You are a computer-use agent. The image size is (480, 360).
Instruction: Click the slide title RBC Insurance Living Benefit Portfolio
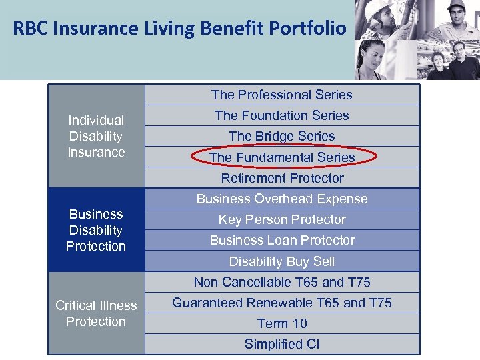[180, 29]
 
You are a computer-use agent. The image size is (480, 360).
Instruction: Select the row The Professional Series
[282, 95]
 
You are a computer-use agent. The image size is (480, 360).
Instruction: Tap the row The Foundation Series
[282, 115]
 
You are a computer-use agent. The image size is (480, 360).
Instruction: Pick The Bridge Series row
[282, 136]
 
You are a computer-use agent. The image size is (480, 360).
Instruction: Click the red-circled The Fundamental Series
[282, 157]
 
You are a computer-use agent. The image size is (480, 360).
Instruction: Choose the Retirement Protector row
[282, 178]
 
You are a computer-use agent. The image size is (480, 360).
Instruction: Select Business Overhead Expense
[282, 199]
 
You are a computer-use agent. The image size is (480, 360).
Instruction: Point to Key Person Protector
[282, 219]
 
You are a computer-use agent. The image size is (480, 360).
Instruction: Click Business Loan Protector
[282, 240]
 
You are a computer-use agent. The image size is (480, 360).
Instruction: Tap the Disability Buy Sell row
[282, 261]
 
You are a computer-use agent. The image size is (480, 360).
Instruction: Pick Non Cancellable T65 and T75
[282, 282]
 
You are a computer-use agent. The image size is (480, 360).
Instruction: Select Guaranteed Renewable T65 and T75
[282, 303]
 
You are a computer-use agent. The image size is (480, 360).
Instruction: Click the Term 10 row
[282, 323]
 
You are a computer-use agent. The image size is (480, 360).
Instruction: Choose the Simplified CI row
[282, 344]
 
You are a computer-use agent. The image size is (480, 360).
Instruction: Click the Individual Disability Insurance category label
[96, 136]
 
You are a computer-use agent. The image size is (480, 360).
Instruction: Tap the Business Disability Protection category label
[96, 230]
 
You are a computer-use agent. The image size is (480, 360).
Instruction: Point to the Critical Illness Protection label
[96, 313]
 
